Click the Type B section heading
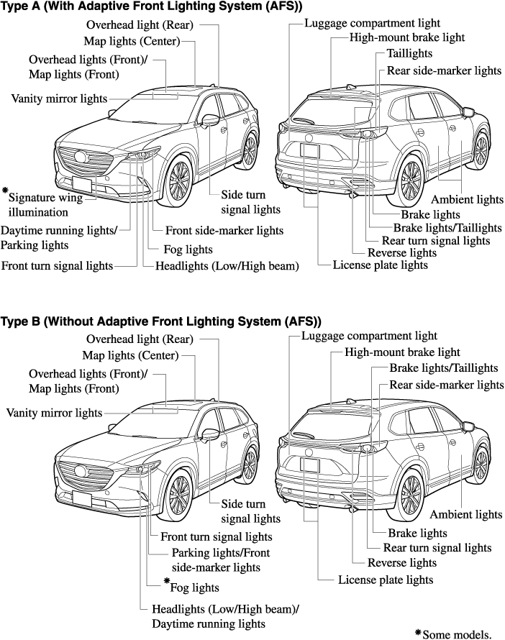tap(160, 321)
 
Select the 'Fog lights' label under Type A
tap(188, 250)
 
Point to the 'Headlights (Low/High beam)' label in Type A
tap(227, 266)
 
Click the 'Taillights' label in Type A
tap(409, 54)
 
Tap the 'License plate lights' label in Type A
tap(380, 265)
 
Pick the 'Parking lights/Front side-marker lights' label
tap(216, 560)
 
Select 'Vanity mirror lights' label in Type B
tap(54, 413)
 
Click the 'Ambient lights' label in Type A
tap(467, 199)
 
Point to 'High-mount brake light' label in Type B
tap(402, 352)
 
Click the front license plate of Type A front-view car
tap(81, 181)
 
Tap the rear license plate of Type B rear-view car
tap(310, 465)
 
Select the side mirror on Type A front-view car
tap(210, 119)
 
